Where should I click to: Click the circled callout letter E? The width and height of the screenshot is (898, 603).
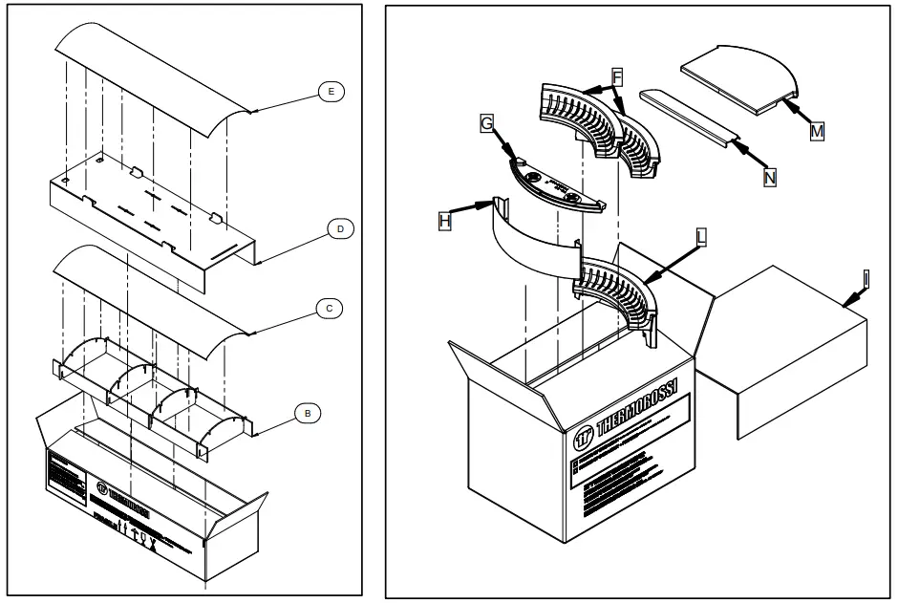click(x=331, y=91)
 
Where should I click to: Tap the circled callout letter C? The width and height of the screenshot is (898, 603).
click(x=328, y=309)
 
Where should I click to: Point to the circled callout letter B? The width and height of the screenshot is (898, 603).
click(x=307, y=414)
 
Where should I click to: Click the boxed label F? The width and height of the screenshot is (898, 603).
click(x=615, y=75)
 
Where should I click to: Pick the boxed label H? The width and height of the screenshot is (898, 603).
click(x=444, y=220)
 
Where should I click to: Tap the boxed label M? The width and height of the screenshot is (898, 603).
click(x=817, y=132)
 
